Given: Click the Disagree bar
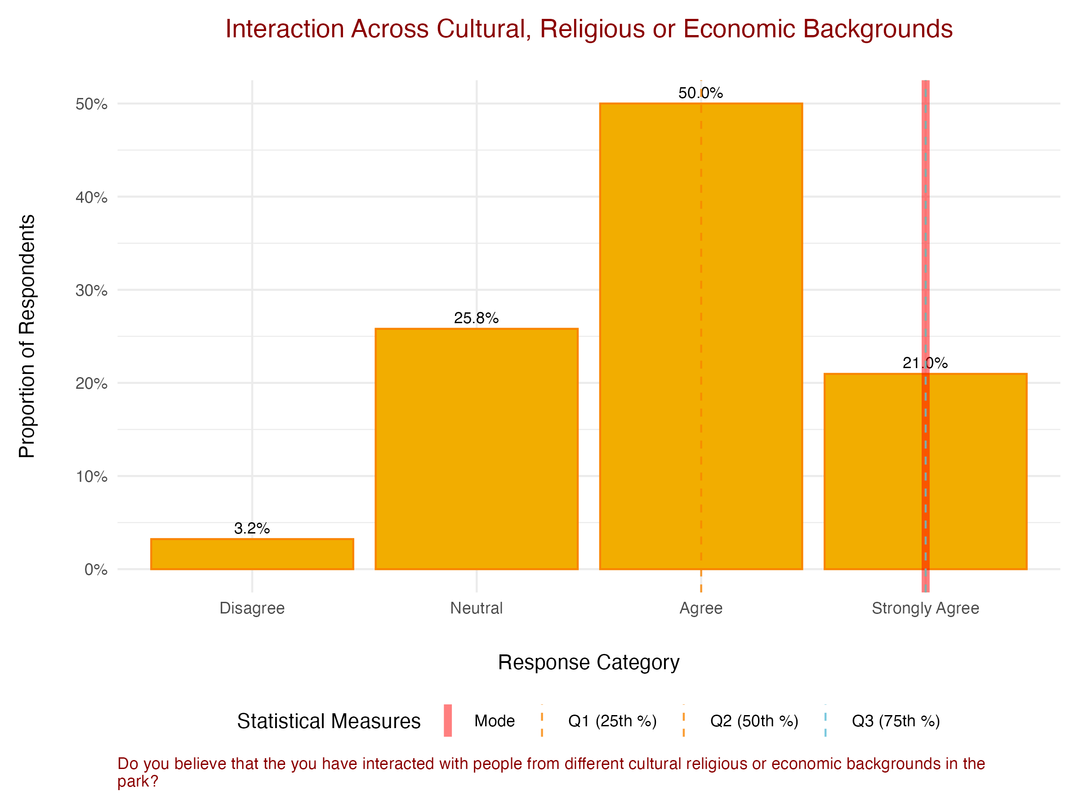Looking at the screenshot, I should coord(252,554).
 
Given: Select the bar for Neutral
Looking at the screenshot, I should coord(476,449).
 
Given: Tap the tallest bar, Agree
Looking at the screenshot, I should coord(700,337).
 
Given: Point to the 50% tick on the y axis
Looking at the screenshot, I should coord(91,104).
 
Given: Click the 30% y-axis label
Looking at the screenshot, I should coord(91,291).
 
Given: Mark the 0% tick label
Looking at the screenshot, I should coord(96,569).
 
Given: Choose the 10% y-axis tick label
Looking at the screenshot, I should coord(91,476).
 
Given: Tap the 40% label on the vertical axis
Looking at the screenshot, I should coord(91,197).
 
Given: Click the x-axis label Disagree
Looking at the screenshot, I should coord(252,608).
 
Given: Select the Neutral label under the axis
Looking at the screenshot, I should coord(476,608).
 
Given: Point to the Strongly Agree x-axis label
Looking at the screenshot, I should coord(925,608).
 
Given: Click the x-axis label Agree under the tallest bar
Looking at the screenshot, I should coord(700,608).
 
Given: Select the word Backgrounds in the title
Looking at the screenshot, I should coord(878,29).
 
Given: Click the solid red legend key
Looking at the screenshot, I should coord(448,720).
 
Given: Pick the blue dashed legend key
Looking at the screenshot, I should coord(825,720).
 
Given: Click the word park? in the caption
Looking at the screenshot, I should coord(138,781).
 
